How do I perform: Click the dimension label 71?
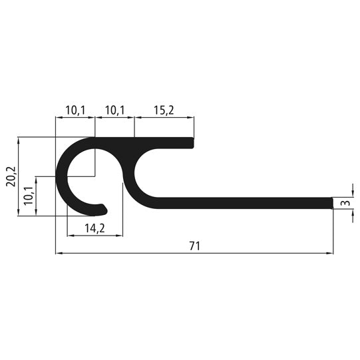(194, 246)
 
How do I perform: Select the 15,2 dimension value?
(164, 109)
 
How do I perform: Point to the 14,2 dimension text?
(94, 228)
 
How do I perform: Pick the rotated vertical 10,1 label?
(28, 196)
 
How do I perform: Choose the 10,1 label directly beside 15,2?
(114, 109)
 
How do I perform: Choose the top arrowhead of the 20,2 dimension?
(19, 140)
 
